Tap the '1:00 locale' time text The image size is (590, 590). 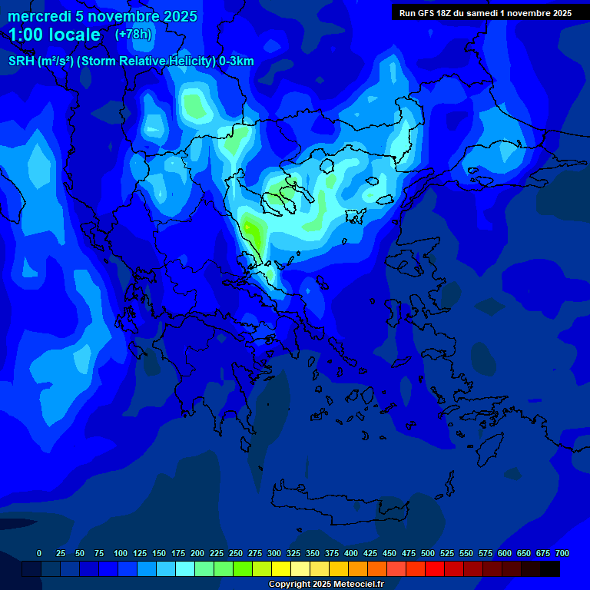pos(55,35)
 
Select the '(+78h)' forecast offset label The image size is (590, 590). pos(133,35)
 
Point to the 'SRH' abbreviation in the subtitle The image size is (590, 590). pos(22,61)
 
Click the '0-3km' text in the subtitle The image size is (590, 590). pos(237,61)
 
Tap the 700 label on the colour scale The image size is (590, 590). pos(562,553)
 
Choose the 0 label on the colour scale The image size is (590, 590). pos(39,553)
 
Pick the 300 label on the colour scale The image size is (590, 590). pos(274,553)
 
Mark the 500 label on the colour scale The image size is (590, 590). pos(428,553)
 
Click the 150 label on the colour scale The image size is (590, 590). pos(159,553)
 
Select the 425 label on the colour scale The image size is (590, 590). pos(370,553)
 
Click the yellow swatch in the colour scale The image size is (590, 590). pos(281,568)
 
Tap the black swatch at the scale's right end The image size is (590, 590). pos(550,568)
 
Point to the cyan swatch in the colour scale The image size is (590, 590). pos(185,568)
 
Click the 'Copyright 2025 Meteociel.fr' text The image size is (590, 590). pos(326,585)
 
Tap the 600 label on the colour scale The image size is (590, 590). pos(505,553)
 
